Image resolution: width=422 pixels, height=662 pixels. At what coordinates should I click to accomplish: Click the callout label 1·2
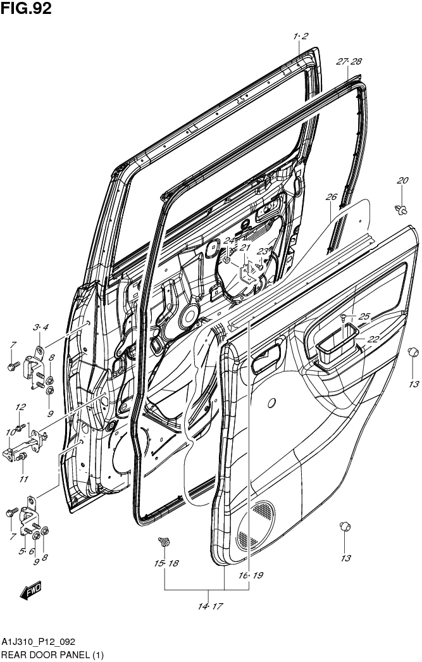click(301, 36)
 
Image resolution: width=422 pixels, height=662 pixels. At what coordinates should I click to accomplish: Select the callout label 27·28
click(349, 61)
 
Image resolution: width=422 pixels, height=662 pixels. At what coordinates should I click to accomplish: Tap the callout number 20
click(402, 181)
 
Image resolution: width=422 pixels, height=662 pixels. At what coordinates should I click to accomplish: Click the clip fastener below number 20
click(402, 208)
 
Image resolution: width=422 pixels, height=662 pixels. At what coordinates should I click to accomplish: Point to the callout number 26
click(331, 197)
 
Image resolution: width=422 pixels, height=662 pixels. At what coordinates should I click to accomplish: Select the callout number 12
click(20, 407)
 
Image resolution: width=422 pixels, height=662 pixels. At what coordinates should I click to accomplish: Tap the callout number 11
click(23, 478)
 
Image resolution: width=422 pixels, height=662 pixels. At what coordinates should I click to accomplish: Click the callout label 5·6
click(25, 552)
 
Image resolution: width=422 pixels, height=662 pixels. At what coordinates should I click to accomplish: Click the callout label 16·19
click(251, 575)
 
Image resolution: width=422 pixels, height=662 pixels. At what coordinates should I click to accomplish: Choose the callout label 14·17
click(209, 606)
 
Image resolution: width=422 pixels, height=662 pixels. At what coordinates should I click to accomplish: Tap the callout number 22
click(373, 339)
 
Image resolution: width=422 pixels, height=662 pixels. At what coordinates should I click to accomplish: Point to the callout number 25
click(364, 316)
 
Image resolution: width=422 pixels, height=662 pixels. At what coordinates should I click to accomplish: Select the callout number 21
click(245, 247)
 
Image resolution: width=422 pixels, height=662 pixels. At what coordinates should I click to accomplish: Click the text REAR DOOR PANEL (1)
click(52, 654)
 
